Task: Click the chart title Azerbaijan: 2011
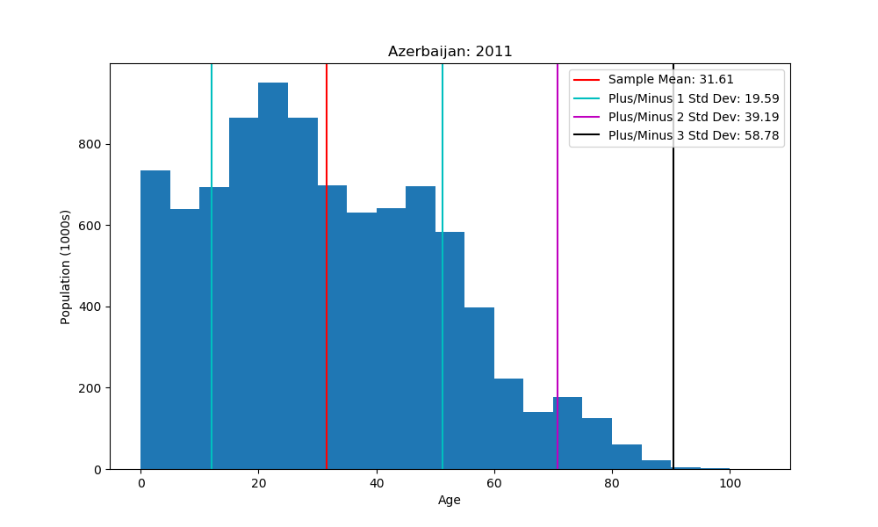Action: (450, 52)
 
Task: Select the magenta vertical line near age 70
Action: (558, 263)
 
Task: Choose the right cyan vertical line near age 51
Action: (443, 263)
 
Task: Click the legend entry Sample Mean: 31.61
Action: (671, 80)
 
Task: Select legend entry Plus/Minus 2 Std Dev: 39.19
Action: (693, 117)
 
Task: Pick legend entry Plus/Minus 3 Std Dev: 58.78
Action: (693, 135)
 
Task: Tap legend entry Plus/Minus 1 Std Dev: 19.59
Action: (693, 98)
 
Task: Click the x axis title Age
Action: (450, 501)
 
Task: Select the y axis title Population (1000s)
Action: (66, 266)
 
